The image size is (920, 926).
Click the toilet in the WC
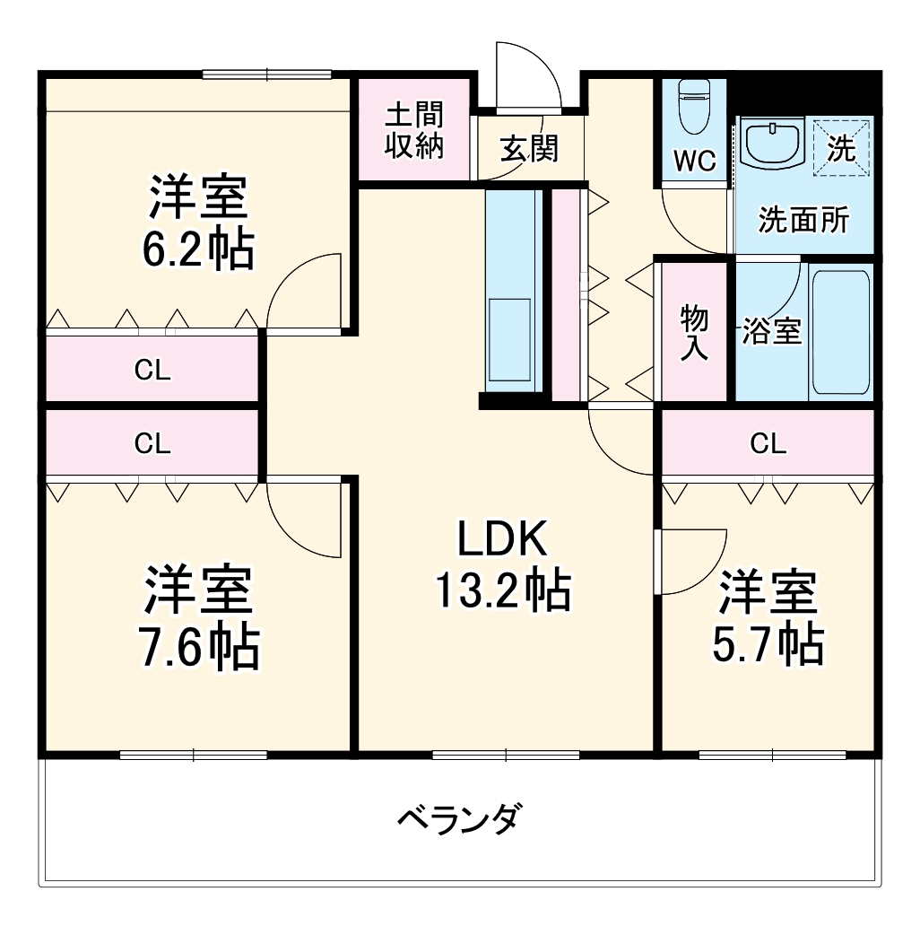(x=694, y=108)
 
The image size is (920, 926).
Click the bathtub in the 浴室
(x=840, y=331)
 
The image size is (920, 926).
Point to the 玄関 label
(x=529, y=148)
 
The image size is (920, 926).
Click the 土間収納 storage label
(x=414, y=131)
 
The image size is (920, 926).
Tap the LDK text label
(x=502, y=539)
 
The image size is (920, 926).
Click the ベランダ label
(x=458, y=817)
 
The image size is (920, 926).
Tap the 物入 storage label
(x=694, y=331)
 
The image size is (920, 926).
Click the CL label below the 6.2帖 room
(x=152, y=370)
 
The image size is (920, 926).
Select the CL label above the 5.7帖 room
(x=768, y=442)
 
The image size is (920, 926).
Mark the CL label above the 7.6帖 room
(x=152, y=442)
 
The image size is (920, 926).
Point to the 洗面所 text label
(x=803, y=220)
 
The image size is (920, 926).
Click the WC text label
(x=695, y=162)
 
